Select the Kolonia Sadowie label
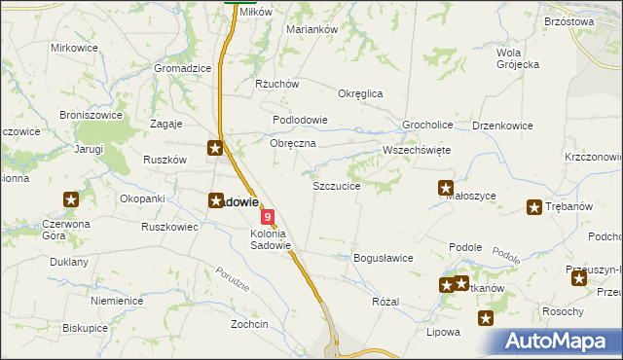(x=271, y=239)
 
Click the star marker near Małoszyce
(x=446, y=188)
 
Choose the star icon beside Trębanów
(x=534, y=206)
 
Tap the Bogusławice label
(x=384, y=258)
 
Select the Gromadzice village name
(x=183, y=69)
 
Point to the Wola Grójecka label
(x=518, y=58)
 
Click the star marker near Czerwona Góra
(x=71, y=200)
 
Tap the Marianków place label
(x=311, y=29)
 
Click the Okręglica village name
(x=360, y=93)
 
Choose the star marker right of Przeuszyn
(x=580, y=279)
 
